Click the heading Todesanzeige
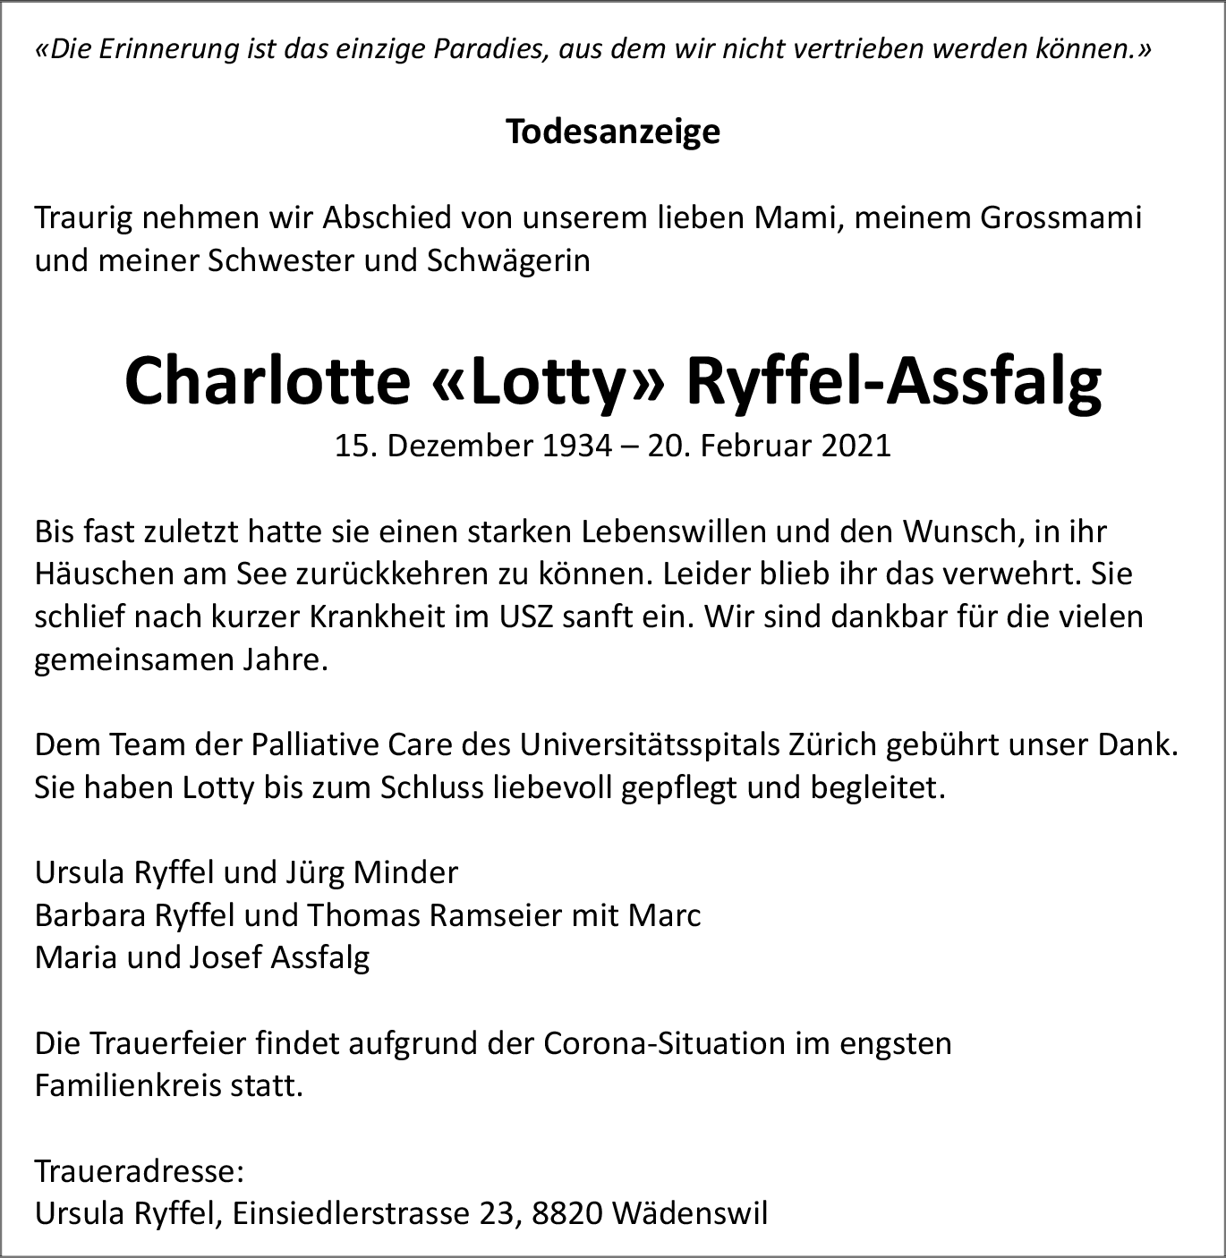tap(613, 132)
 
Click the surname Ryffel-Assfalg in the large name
tap(893, 382)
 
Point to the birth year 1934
tap(574, 446)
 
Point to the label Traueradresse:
tap(140, 1171)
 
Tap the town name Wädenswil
tap(692, 1214)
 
